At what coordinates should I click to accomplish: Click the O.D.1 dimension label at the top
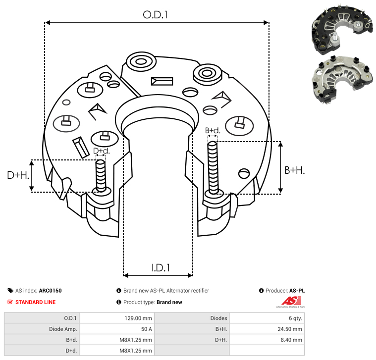coord(156,15)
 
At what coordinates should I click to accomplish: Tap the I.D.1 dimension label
coord(161,268)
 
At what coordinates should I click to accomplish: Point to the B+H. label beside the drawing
coord(294,170)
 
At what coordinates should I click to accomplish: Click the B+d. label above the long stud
coord(213,131)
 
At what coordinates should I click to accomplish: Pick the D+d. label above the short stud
coord(101,151)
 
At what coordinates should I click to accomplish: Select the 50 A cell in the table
coord(147,329)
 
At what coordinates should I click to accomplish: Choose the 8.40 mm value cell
coord(293,340)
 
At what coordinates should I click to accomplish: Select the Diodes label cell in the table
coord(218,318)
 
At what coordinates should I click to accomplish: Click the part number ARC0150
coord(51,291)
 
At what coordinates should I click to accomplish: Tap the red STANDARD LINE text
coord(35,302)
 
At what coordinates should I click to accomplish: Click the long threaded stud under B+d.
coord(213,167)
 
